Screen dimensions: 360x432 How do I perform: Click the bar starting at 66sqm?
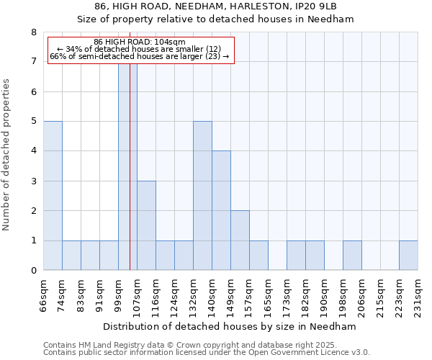(53, 196)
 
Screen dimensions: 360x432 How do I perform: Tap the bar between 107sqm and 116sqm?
(146, 225)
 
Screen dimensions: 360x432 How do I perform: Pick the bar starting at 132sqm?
(202, 196)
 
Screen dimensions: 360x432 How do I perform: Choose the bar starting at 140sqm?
(221, 210)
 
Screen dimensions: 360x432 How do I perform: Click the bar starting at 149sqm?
(240, 240)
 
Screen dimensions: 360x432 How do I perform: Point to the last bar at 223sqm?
(408, 256)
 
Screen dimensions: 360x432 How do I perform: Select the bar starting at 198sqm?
(352, 256)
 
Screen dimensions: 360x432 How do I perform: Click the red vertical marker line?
(130, 180)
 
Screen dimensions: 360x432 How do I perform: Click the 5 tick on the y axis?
(33, 122)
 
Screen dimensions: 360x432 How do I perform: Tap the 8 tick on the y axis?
(33, 32)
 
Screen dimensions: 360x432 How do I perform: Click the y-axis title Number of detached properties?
(7, 155)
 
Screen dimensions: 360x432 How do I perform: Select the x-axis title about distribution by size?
(230, 326)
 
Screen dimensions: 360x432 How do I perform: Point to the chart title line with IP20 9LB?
(215, 6)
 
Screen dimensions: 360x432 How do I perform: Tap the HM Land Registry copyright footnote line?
(195, 345)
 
